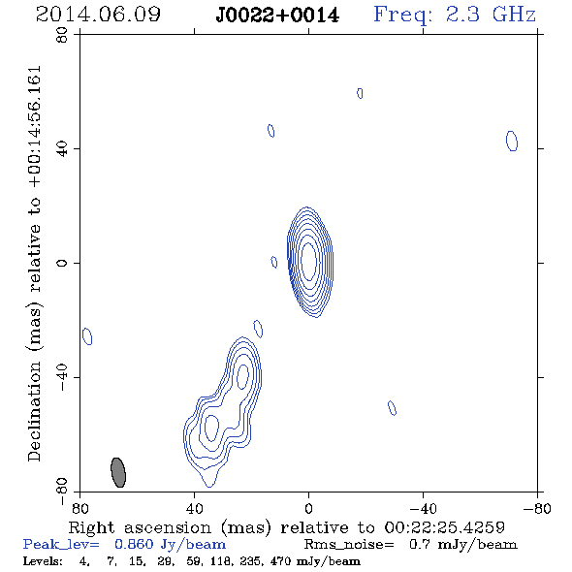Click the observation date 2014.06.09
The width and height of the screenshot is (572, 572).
98,15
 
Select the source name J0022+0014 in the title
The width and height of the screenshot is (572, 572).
277,16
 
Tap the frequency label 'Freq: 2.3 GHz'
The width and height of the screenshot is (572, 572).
455,15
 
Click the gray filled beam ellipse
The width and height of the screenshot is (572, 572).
118,472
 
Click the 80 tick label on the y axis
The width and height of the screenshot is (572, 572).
62,35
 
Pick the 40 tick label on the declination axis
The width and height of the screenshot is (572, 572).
62,149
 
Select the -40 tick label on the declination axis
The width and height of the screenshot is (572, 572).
62,377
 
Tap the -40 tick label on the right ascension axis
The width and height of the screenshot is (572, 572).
423,508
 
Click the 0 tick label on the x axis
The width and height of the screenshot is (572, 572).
308,508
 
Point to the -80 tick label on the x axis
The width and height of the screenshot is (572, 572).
537,508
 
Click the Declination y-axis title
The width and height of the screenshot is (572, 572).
35,264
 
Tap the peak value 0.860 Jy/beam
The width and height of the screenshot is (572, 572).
170,545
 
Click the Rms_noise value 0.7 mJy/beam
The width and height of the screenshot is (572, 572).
462,545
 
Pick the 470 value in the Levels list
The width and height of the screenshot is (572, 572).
280,560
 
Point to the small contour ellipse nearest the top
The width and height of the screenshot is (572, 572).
360,93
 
